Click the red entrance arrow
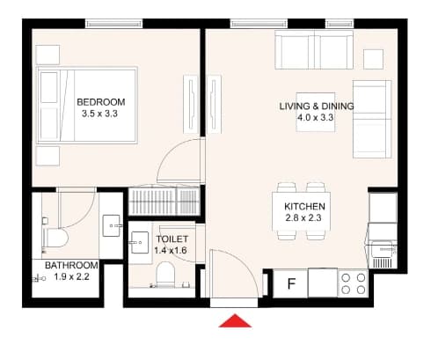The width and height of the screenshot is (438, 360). [x=235, y=321]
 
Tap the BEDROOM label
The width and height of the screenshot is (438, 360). [x=101, y=102]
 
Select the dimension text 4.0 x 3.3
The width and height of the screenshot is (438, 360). [x=316, y=118]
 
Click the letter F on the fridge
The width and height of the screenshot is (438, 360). [x=291, y=284]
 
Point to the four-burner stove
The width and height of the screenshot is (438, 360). [x=354, y=283]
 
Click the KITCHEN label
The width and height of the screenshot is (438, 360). [x=304, y=207]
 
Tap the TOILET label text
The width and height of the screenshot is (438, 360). [x=172, y=239]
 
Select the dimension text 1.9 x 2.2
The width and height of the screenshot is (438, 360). [x=71, y=276]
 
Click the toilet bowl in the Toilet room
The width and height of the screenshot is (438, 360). [x=165, y=274]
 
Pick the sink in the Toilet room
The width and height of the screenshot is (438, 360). [x=140, y=242]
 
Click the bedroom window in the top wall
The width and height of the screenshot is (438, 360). [x=114, y=24]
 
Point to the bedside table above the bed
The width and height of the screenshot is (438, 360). [x=47, y=55]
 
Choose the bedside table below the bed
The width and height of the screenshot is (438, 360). [x=47, y=156]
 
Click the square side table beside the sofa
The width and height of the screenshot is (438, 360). [x=373, y=59]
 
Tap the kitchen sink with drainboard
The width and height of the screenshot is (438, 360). [x=383, y=254]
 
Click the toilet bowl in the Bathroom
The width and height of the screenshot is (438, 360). [x=55, y=238]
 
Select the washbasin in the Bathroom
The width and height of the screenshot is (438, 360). [x=112, y=225]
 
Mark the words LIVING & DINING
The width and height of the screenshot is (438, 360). [x=317, y=107]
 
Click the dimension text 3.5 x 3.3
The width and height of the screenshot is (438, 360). [x=99, y=114]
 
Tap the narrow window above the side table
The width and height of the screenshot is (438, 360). [x=339, y=24]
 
